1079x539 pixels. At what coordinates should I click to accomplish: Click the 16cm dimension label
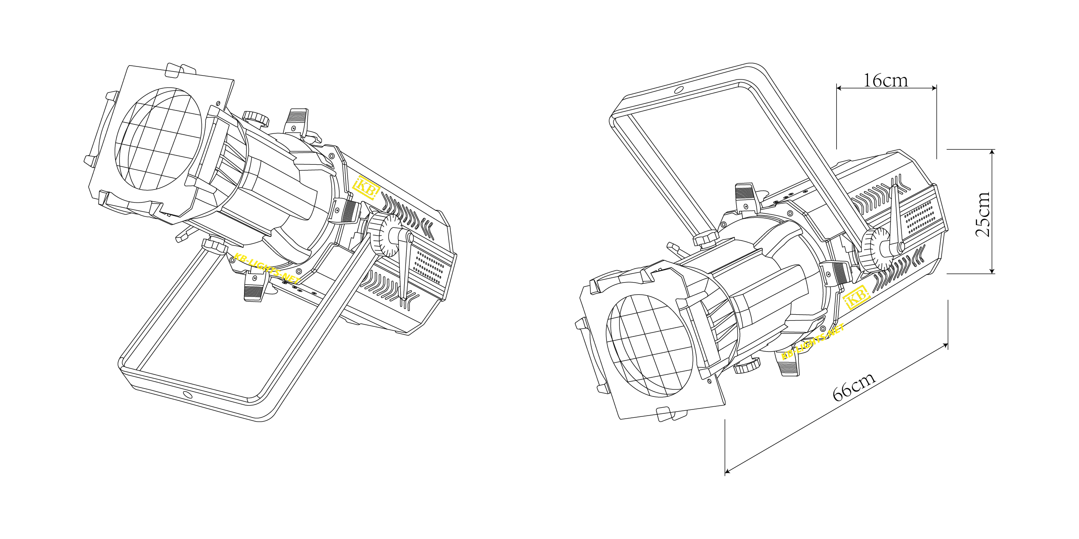click(x=885, y=80)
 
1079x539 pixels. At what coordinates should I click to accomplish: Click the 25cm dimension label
click(x=983, y=214)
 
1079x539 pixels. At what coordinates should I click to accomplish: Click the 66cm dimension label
click(x=854, y=386)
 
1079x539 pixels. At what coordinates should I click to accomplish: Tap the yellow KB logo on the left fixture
click(x=366, y=187)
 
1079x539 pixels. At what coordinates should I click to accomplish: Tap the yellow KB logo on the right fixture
click(x=856, y=297)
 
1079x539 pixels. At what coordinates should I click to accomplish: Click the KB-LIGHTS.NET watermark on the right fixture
click(x=813, y=342)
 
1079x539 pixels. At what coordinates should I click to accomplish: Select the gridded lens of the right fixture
click(x=650, y=346)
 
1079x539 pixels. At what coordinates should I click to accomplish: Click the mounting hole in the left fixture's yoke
click(x=188, y=395)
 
